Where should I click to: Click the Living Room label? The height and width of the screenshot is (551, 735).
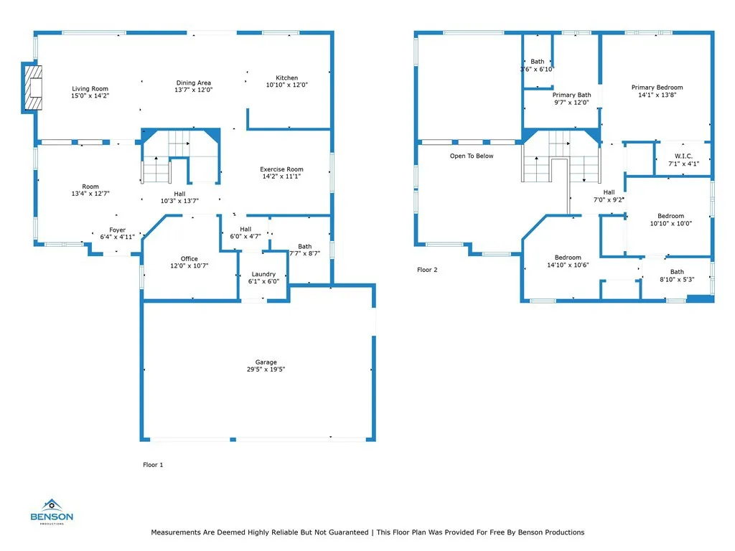pyautogui.click(x=90, y=89)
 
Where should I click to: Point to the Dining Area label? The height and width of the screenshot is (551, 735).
pyautogui.click(x=192, y=83)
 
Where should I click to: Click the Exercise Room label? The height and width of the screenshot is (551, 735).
pyautogui.click(x=281, y=169)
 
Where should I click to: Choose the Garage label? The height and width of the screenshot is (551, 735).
pyautogui.click(x=266, y=362)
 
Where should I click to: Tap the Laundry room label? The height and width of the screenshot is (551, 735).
pyautogui.click(x=263, y=274)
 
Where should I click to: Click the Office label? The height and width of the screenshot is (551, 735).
pyautogui.click(x=189, y=259)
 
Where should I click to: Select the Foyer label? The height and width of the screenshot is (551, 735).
pyautogui.click(x=117, y=230)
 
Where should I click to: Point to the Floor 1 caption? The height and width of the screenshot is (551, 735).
pyautogui.click(x=153, y=465)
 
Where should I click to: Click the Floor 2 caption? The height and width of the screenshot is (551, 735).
pyautogui.click(x=427, y=270)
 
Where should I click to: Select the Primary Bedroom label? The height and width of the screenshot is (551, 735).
pyautogui.click(x=657, y=88)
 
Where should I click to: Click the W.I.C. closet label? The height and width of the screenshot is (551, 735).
pyautogui.click(x=683, y=156)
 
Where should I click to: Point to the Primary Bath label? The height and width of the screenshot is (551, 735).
pyautogui.click(x=571, y=95)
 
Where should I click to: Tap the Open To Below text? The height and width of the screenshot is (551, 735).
pyautogui.click(x=472, y=156)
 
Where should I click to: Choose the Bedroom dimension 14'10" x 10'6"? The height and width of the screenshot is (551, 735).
pyautogui.click(x=567, y=265)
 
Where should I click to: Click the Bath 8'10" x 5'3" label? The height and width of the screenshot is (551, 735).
pyautogui.click(x=677, y=272)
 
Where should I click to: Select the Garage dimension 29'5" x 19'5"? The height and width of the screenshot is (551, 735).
pyautogui.click(x=266, y=369)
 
